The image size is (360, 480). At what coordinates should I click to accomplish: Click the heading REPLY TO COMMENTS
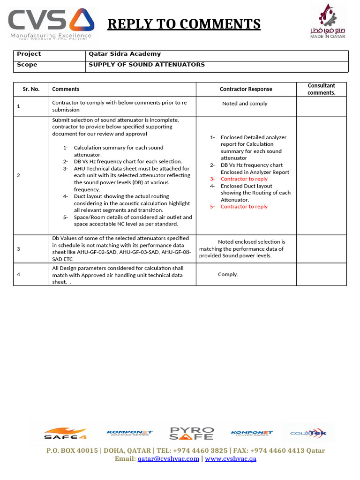(184, 23)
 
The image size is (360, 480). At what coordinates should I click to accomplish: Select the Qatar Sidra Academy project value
(125, 54)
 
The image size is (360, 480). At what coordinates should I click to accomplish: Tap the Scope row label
(27, 65)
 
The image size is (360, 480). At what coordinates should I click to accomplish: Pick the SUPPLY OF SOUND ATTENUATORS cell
(147, 65)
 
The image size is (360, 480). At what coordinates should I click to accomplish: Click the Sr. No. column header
(31, 89)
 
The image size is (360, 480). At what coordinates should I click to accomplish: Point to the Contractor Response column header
(246, 89)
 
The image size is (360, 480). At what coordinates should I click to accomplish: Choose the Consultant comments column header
(321, 89)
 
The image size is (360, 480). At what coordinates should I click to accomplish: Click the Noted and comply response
(245, 104)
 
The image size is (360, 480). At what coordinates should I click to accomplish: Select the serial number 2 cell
(19, 175)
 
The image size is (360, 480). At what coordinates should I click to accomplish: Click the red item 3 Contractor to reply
(244, 179)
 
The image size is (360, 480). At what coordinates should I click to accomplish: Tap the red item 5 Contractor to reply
(244, 207)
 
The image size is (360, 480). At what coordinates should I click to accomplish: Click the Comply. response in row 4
(228, 275)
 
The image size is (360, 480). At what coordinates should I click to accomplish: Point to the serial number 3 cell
(19, 249)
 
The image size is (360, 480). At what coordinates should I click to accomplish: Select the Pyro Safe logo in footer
(191, 433)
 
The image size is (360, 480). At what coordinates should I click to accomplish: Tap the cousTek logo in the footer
(308, 433)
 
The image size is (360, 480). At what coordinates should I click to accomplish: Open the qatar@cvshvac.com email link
(168, 459)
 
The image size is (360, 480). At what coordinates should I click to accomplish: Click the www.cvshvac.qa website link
(231, 459)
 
